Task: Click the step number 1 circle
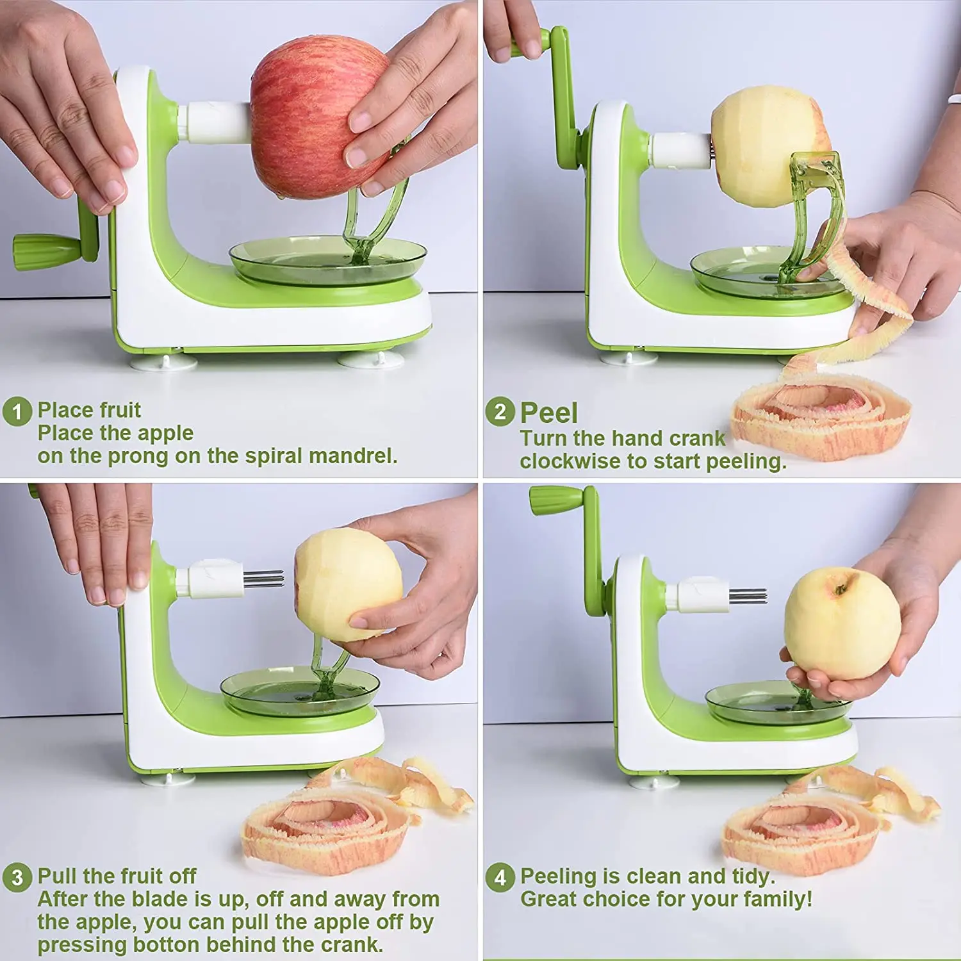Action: (x=17, y=411)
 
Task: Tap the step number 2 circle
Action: (x=500, y=411)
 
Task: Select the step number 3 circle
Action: (x=17, y=877)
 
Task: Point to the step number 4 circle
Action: (x=500, y=877)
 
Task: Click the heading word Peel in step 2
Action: (x=548, y=413)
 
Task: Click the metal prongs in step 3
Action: (x=264, y=579)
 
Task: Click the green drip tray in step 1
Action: (x=328, y=259)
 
